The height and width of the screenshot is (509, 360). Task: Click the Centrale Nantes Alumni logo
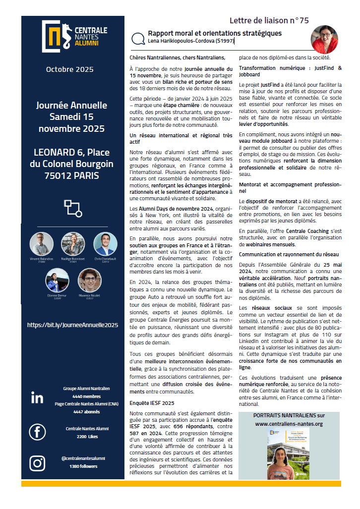point(70,37)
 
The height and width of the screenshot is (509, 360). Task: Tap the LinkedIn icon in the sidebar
point(37,397)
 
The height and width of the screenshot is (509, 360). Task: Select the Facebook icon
point(37,432)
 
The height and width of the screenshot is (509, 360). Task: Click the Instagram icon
point(37,462)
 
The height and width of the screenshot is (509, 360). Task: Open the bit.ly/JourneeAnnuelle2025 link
point(72,325)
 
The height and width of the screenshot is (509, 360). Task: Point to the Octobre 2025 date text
point(72,69)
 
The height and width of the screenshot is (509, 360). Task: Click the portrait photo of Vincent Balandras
point(42,244)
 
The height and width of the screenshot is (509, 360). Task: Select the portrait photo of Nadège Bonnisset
point(73,244)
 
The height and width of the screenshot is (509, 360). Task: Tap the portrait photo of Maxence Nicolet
point(90,280)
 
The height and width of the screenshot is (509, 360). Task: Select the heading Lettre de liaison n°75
point(269,20)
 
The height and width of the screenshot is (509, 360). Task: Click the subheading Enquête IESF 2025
point(152,403)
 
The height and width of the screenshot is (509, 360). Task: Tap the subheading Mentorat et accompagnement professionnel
point(290,187)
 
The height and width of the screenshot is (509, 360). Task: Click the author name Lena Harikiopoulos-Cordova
point(190,42)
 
